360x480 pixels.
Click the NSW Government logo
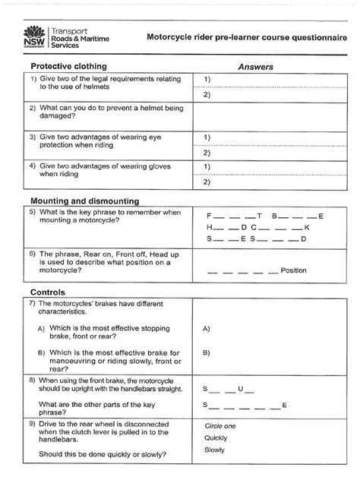pyautogui.click(x=34, y=35)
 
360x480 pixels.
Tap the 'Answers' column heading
pyautogui.click(x=255, y=68)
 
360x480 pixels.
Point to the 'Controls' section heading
pyautogui.click(x=47, y=292)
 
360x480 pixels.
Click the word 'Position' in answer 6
pyautogui.click(x=293, y=270)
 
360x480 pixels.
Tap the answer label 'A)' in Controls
pyautogui.click(x=207, y=330)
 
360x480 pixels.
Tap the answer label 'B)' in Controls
pyautogui.click(x=207, y=352)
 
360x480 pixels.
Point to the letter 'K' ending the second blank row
pyautogui.click(x=306, y=227)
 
